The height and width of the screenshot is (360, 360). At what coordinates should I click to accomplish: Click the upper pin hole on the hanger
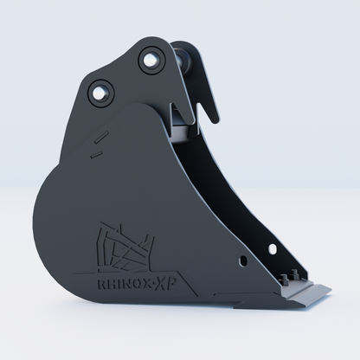[151, 60]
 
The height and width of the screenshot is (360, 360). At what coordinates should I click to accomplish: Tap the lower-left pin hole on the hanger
[100, 93]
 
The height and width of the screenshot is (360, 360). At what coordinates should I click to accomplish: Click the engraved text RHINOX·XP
[138, 284]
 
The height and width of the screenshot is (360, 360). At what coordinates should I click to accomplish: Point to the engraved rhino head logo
[125, 247]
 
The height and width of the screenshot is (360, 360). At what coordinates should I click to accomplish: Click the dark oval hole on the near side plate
[243, 260]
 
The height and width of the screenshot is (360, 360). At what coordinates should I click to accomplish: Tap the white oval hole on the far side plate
[272, 248]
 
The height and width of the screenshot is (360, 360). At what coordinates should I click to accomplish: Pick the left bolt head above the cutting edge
[284, 280]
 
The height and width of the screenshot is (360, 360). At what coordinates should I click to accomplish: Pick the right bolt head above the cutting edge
[294, 273]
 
